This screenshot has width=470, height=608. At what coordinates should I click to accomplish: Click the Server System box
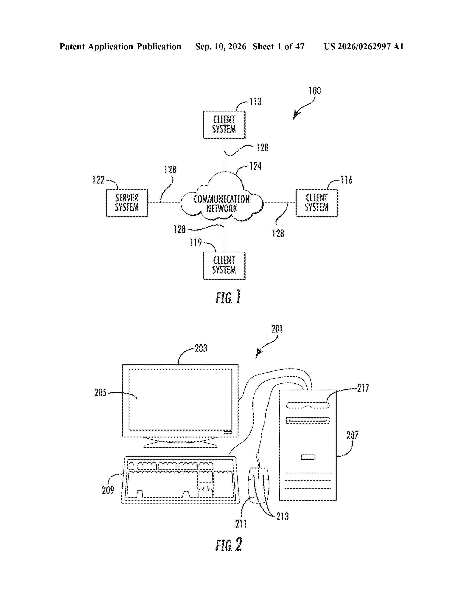127,203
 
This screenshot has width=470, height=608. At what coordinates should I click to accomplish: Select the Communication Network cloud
222,197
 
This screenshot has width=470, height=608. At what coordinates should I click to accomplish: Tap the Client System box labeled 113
224,125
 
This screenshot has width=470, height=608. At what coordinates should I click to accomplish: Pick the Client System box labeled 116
317,203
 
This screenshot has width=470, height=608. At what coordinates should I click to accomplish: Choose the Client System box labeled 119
224,265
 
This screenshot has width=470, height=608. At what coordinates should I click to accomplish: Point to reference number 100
315,91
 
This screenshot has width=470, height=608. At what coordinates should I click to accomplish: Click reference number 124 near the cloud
255,166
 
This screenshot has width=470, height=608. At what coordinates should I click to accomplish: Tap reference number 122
98,180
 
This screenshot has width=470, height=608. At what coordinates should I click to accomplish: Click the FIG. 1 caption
228,297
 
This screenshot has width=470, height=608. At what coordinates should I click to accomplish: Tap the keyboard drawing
180,480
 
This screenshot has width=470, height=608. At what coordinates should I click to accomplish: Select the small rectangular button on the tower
308,457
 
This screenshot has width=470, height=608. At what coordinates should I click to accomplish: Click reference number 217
363,388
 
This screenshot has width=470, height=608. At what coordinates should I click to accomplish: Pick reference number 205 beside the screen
100,393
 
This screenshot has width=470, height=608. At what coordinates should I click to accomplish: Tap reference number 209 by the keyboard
108,490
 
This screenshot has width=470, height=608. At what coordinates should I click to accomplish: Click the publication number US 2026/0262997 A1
364,46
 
